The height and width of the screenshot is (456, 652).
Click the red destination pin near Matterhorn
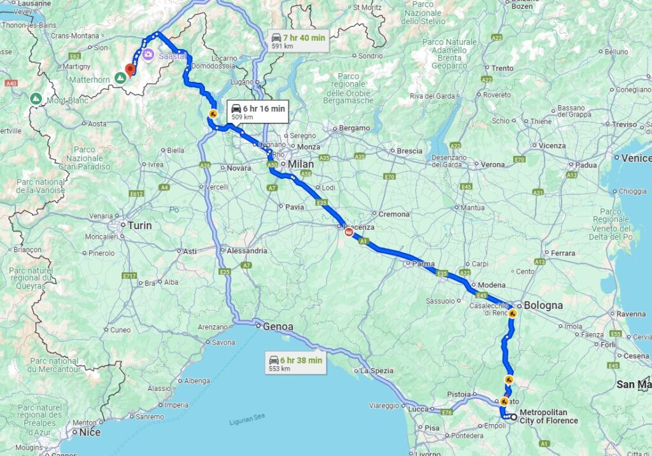(131, 69)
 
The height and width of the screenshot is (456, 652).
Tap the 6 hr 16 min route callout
(257, 112)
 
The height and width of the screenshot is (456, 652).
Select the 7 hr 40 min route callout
(298, 41)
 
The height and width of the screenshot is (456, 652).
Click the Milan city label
(301, 164)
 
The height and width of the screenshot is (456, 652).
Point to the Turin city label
(139, 225)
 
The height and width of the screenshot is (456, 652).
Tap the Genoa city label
(279, 327)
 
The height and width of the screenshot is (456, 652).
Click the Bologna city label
(542, 305)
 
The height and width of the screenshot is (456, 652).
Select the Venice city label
(636, 158)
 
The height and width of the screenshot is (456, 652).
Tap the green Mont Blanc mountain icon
(36, 99)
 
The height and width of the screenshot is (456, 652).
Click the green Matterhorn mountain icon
(120, 78)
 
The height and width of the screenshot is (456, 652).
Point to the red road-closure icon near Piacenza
(349, 233)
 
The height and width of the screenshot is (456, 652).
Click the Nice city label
(90, 432)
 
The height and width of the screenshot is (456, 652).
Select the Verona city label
(492, 164)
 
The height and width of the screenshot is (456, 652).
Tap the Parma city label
(423, 264)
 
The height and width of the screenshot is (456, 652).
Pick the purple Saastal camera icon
(148, 55)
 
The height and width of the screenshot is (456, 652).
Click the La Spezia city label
(376, 370)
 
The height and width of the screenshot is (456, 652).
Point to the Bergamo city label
(354, 128)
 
